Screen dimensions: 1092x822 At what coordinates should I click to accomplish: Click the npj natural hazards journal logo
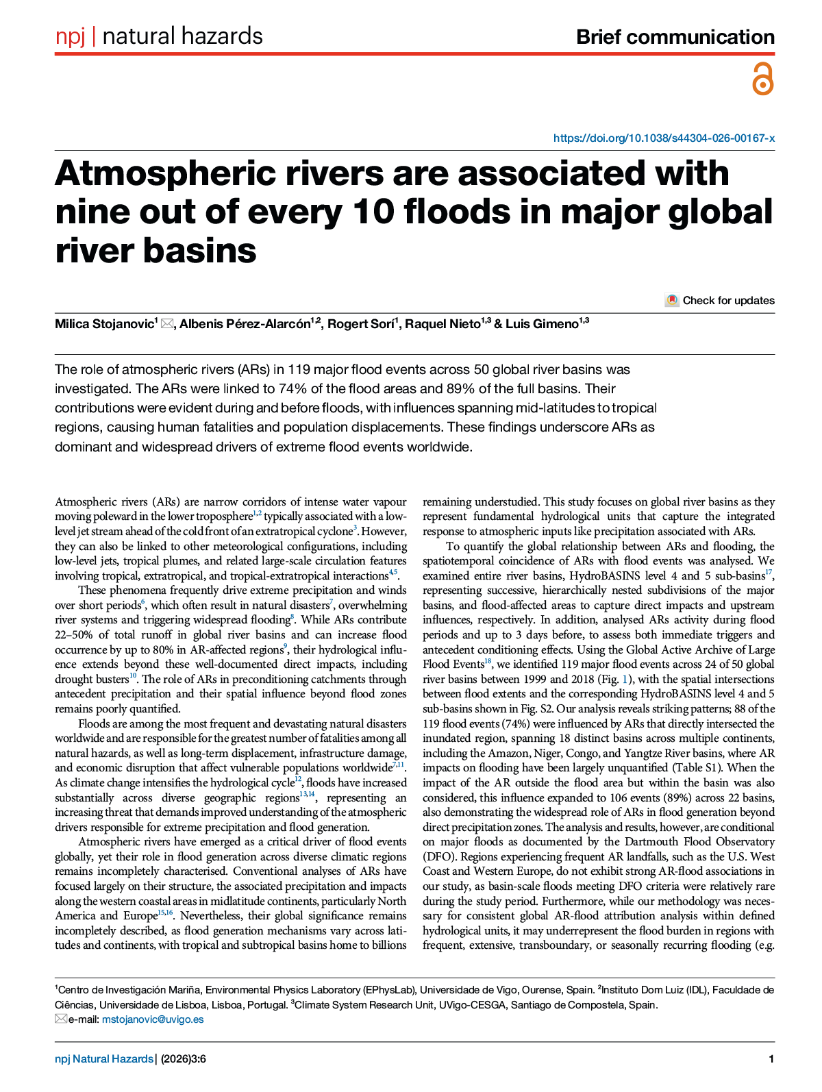[x=159, y=36]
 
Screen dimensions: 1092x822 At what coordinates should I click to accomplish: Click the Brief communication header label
[x=675, y=37]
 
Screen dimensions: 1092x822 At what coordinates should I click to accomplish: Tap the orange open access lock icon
[x=762, y=78]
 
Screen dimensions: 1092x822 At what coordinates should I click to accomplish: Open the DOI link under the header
[x=664, y=138]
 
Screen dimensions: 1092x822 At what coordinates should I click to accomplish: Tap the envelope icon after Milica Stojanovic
[x=167, y=324]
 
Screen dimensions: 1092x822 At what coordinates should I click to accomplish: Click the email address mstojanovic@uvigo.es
[x=153, y=1019]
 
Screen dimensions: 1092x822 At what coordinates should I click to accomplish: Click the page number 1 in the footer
[x=771, y=1059]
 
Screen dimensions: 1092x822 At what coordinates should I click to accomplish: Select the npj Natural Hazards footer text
[x=104, y=1059]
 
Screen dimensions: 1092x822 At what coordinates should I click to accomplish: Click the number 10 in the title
[x=375, y=212]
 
